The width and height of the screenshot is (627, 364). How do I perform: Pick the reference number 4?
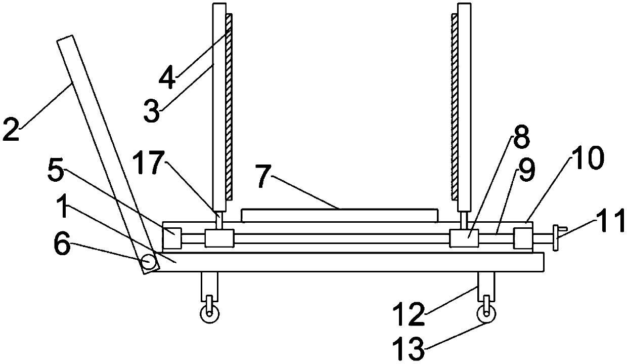(167, 77)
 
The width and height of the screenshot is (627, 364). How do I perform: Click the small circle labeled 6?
(148, 262)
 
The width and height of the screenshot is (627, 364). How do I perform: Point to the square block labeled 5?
(172, 238)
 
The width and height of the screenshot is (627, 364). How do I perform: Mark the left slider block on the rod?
(219, 238)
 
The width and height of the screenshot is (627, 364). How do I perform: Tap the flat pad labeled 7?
(339, 215)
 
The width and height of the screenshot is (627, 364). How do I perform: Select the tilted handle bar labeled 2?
(105, 152)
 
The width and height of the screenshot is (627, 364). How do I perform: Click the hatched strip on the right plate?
(454, 106)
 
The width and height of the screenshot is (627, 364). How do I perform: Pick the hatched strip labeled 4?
(229, 106)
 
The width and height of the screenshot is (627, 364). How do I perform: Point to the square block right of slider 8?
(523, 238)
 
